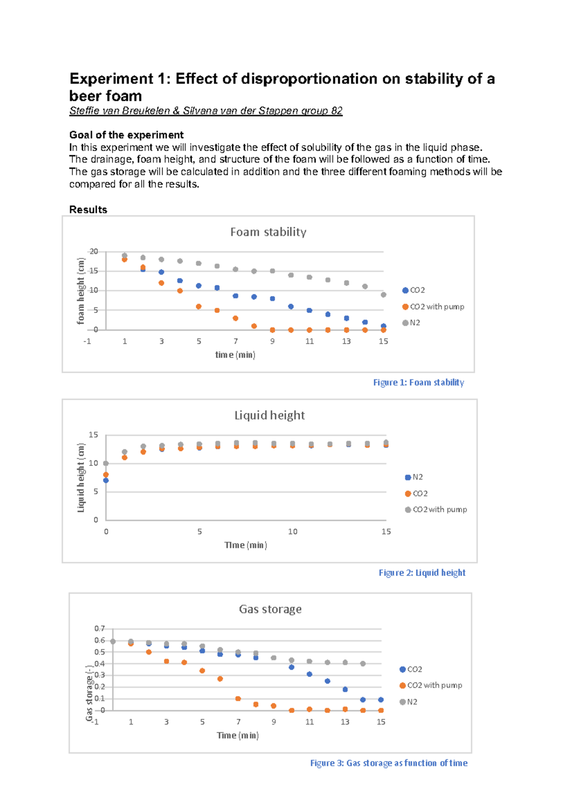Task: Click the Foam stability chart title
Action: (x=268, y=232)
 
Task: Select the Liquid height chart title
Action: (x=269, y=415)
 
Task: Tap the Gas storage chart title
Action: (x=270, y=609)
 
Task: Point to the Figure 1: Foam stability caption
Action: (x=418, y=383)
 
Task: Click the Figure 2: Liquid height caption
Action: (x=422, y=573)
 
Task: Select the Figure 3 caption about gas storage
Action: (x=388, y=763)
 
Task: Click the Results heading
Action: (x=88, y=210)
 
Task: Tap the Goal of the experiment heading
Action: (x=126, y=135)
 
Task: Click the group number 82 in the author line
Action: (x=337, y=111)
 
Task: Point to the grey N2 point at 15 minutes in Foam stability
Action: (x=383, y=295)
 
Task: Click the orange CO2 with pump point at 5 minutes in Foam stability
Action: (x=199, y=307)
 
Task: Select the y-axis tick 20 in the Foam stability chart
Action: (x=94, y=252)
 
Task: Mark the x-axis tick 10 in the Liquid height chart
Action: (x=293, y=532)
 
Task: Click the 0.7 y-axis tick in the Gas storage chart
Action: (x=99, y=629)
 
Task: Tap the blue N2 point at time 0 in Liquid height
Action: (x=106, y=481)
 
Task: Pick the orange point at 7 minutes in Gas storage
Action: (x=238, y=699)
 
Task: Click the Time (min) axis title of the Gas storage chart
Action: (x=237, y=736)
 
